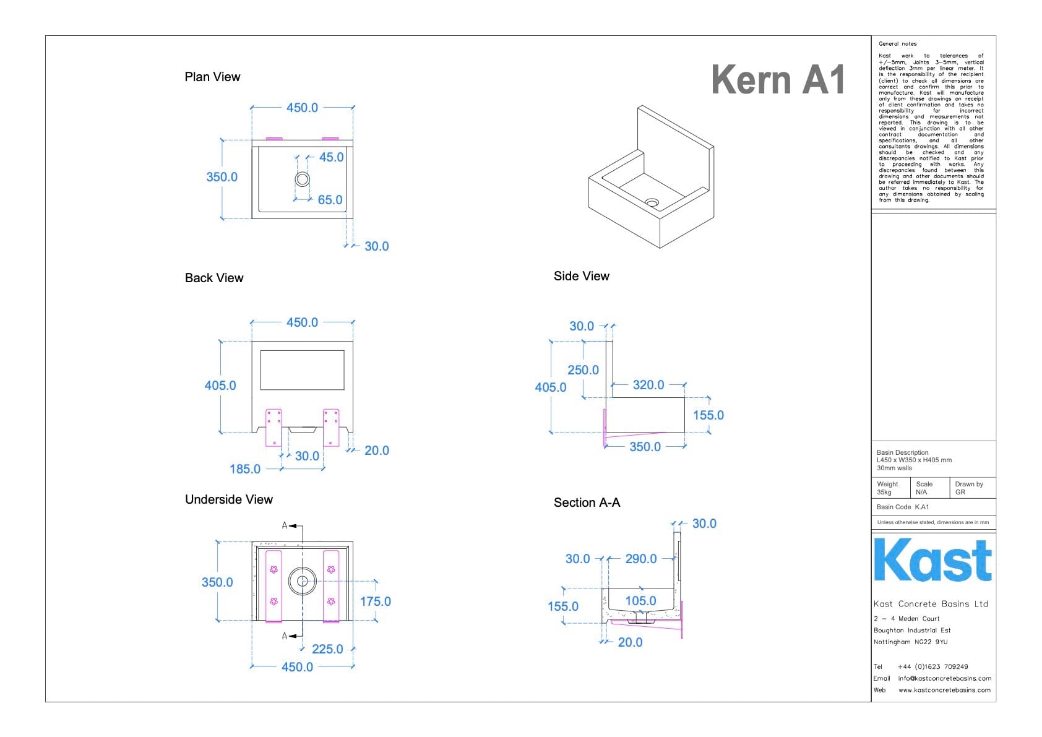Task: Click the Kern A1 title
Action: click(778, 80)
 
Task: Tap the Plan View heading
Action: click(212, 77)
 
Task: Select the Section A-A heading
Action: click(587, 502)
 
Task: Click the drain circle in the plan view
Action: click(302, 179)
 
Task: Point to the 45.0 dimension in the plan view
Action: click(331, 157)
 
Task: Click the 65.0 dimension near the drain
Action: click(330, 200)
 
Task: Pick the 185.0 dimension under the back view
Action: click(245, 469)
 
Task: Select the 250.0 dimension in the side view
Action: click(583, 370)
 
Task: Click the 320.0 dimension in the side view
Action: click(648, 385)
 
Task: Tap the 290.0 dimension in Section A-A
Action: click(640, 559)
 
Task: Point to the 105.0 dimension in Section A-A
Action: click(640, 601)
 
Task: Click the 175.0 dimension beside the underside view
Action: click(375, 601)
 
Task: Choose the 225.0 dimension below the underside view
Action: click(327, 649)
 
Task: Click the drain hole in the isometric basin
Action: click(652, 202)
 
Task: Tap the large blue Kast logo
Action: click(932, 560)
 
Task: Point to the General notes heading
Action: click(897, 44)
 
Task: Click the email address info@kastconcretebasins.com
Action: click(944, 678)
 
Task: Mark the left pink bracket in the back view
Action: click(273, 427)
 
